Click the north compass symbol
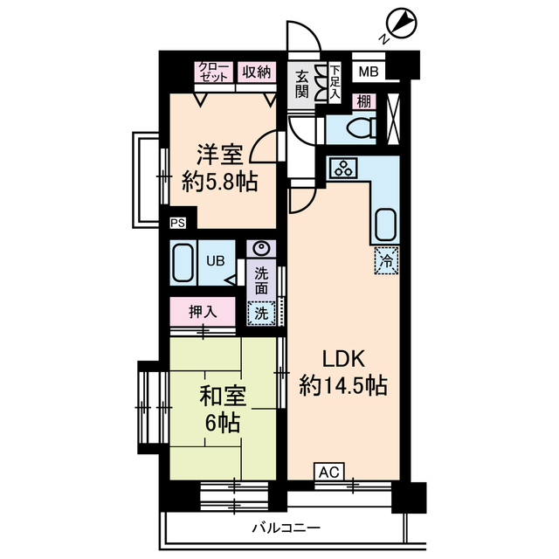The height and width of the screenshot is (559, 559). tap(398, 24)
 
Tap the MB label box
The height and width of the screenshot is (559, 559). tap(368, 72)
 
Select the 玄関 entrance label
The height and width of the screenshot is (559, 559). tap(301, 83)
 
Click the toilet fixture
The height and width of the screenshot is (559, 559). tap(360, 128)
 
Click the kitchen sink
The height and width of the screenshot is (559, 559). tap(385, 225)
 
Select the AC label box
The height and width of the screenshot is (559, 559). tap(328, 473)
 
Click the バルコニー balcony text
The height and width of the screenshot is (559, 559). tap(286, 528)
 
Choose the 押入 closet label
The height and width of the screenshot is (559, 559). tap(202, 311)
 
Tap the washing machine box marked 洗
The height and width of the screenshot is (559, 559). tap(260, 312)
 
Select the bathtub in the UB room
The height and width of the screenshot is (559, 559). tap(183, 262)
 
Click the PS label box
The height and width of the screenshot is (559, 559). tap(177, 223)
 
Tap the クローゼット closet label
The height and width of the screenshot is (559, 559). tap(214, 72)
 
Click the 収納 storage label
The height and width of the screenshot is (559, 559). tap(257, 72)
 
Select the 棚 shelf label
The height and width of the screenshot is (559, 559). tap(362, 101)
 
